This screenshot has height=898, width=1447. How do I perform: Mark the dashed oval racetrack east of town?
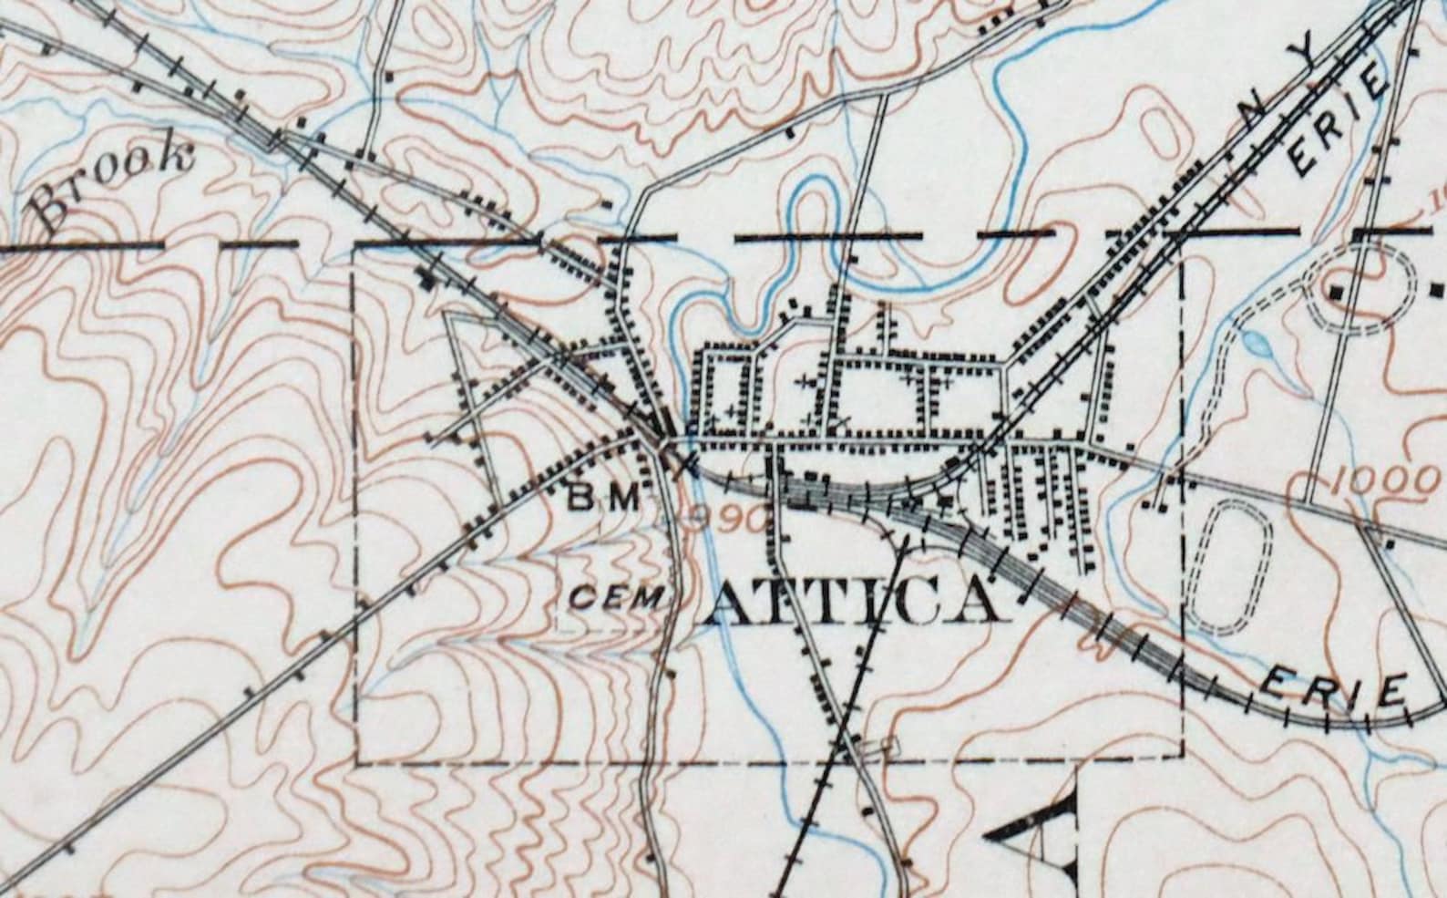point(1228,566)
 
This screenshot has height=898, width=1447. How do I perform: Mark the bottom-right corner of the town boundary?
point(1182,756)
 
